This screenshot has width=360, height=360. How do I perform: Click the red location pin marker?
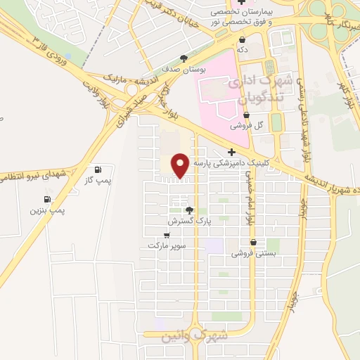point(180,165)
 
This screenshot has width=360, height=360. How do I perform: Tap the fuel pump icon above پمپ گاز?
point(97,169)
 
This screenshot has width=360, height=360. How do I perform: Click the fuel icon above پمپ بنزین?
point(47,199)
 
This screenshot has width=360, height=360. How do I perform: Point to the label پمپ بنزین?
point(47,210)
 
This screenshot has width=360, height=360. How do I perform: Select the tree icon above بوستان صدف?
point(184,58)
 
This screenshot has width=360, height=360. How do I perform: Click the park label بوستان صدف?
point(184,70)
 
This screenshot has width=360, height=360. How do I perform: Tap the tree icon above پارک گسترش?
point(188,210)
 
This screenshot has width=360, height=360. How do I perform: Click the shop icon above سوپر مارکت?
point(167,235)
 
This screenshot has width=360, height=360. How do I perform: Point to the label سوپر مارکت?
point(166,246)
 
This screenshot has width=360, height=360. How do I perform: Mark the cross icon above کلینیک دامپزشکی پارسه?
point(231,152)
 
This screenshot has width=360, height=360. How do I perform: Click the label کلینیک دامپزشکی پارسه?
point(231,163)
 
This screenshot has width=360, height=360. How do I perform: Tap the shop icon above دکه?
point(242,39)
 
